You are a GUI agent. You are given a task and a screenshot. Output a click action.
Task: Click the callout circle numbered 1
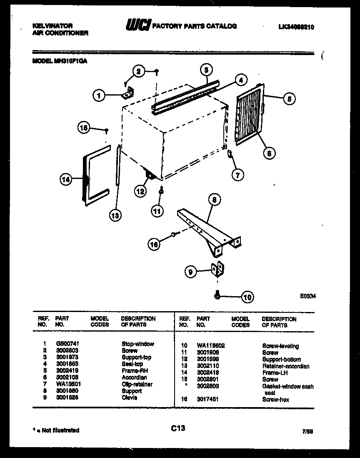[99, 96]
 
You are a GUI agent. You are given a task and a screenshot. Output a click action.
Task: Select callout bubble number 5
[289, 99]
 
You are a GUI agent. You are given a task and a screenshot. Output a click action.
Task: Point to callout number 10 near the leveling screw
[247, 297]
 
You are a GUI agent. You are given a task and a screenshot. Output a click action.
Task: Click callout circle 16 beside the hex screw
[155, 244]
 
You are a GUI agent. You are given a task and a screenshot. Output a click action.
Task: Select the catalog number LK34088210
[296, 27]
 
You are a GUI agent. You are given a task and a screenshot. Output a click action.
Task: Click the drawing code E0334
[307, 296]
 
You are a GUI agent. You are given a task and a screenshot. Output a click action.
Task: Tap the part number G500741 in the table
[67, 344]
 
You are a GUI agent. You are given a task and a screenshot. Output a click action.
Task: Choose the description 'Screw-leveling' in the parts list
[280, 346]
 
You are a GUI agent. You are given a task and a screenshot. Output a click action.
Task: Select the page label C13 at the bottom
[177, 428]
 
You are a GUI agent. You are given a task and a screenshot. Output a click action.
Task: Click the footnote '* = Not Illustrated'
[56, 430]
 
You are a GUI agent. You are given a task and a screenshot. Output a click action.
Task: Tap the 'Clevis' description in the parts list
[130, 398]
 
